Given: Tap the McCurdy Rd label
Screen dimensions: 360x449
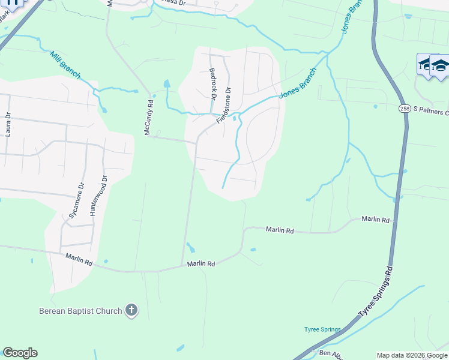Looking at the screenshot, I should click(x=149, y=117).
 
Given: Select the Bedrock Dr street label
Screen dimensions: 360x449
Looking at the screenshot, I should click(x=212, y=80).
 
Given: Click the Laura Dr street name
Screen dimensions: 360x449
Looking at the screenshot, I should click(x=8, y=125).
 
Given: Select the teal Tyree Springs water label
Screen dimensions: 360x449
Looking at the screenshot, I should click(x=322, y=329).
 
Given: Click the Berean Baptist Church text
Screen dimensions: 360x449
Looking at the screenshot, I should click(x=80, y=311).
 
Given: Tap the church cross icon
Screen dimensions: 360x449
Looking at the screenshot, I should click(x=131, y=310).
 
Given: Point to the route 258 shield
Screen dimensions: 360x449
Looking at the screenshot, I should click(x=404, y=108).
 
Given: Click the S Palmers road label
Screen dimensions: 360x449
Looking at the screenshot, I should click(x=431, y=112).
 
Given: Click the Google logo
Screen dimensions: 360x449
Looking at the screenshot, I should click(x=20, y=353).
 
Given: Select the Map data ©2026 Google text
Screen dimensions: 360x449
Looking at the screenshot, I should click(x=412, y=355).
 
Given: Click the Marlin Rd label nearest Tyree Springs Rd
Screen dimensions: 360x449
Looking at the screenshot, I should click(x=376, y=220).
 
